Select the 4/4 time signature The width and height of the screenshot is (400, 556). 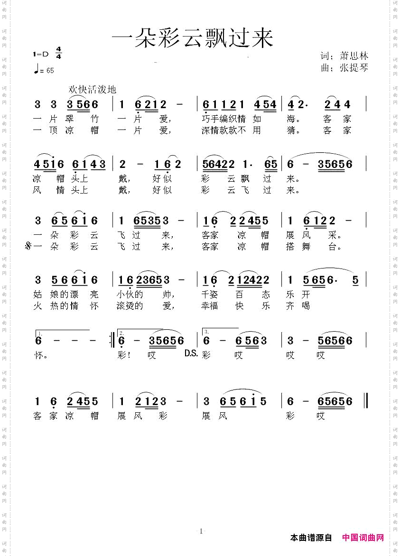(x=59, y=53)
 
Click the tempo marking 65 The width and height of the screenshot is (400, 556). (x=50, y=71)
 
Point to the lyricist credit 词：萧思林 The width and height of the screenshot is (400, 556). (x=344, y=56)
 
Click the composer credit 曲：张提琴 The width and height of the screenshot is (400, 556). (x=344, y=68)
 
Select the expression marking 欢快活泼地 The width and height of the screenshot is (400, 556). (x=93, y=89)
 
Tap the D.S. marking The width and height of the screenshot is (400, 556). (x=191, y=353)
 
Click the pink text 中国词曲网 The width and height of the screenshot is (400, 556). (x=363, y=537)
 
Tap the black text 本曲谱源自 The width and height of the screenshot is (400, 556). (x=311, y=537)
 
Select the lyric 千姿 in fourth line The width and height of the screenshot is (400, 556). (x=210, y=294)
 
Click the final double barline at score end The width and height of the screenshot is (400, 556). (x=366, y=401)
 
